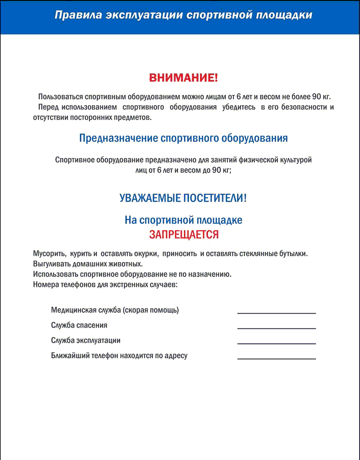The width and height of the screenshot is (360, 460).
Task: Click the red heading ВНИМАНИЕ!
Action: point(183,78)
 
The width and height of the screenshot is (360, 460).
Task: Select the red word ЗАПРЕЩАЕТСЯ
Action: point(183,235)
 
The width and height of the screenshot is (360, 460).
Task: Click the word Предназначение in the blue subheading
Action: point(118,138)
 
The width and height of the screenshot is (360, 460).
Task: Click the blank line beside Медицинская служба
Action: point(276,313)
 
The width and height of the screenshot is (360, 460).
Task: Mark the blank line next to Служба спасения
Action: point(276,328)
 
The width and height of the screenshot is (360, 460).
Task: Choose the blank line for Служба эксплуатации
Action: point(276,343)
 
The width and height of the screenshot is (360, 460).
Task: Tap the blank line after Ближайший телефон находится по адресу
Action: point(276,359)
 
